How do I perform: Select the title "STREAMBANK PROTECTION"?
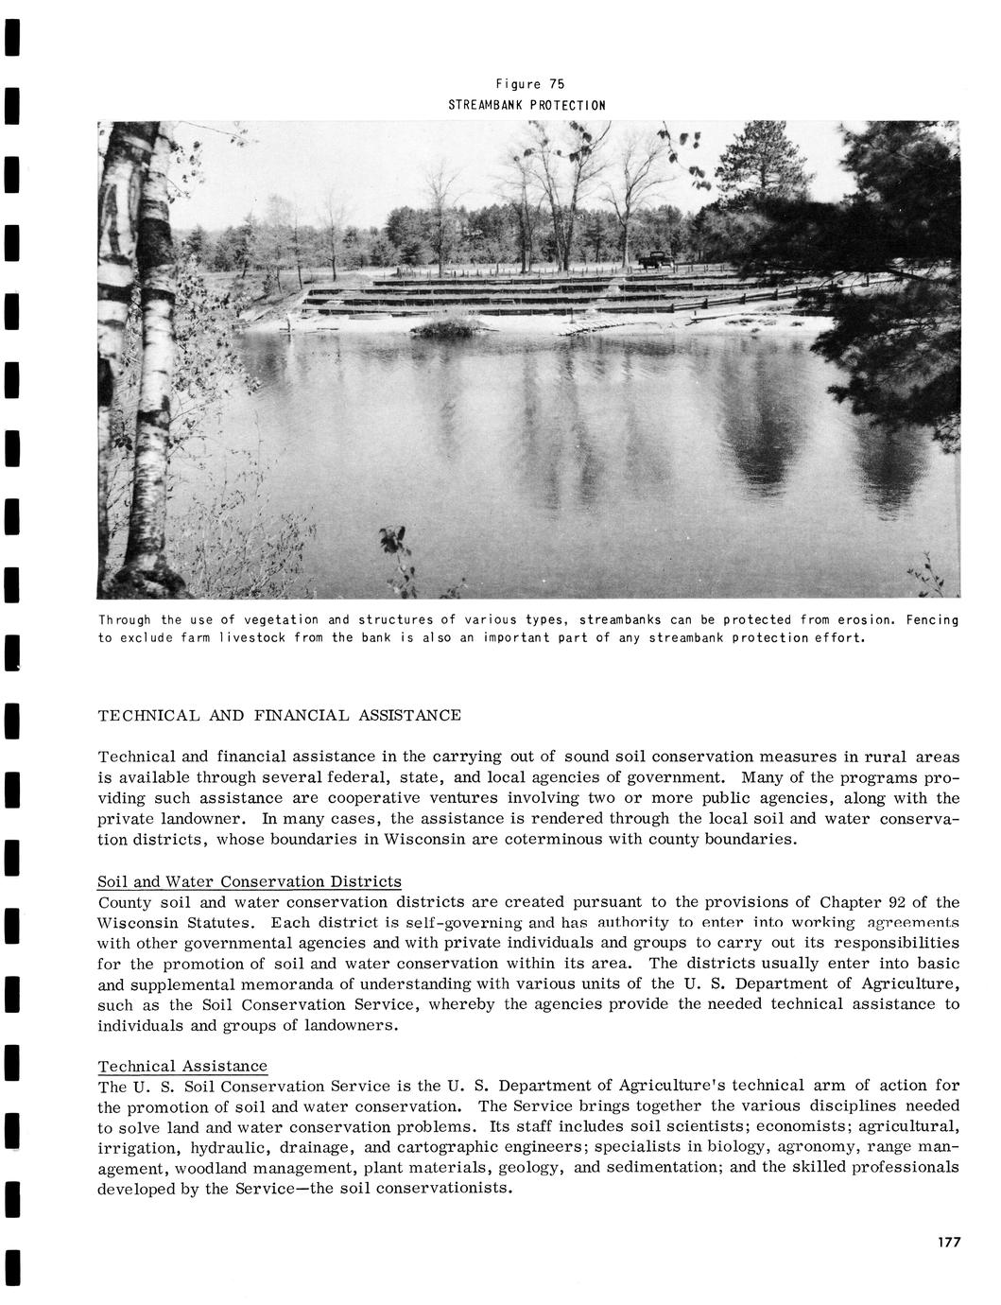[526, 104]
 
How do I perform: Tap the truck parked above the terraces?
[655, 259]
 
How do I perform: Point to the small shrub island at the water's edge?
[442, 327]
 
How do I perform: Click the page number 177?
[949, 1243]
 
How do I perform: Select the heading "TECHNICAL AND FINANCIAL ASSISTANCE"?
[279, 715]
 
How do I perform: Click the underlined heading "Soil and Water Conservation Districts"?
[250, 882]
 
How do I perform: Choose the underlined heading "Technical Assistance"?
[182, 1066]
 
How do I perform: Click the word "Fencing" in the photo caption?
[932, 620]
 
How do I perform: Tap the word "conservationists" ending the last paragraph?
[443, 1188]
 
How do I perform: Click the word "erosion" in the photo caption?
[863, 620]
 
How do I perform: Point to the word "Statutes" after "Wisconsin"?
[221, 922]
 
